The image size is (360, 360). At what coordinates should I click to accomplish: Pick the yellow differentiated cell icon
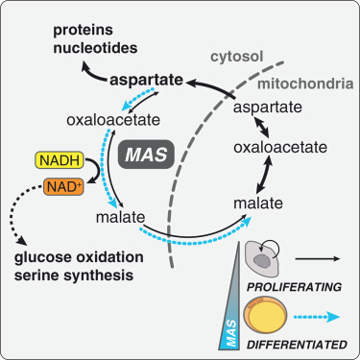pyautogui.click(x=266, y=315)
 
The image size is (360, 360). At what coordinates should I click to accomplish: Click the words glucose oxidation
pyautogui.click(x=84, y=257)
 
